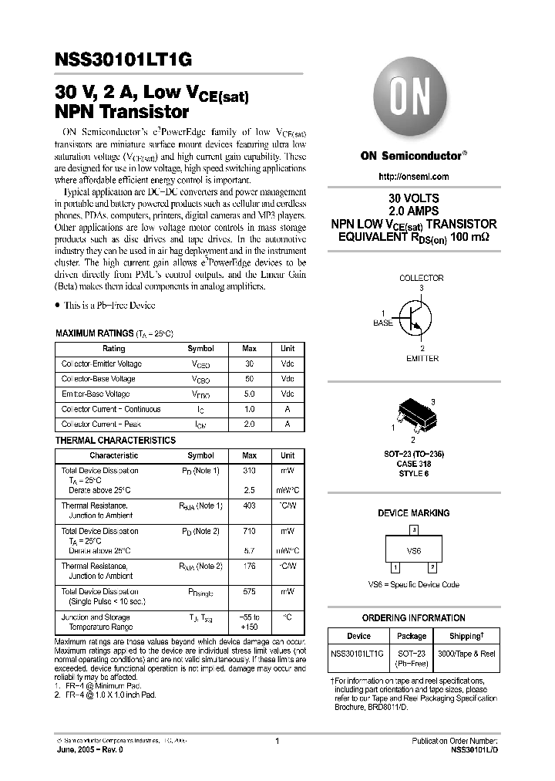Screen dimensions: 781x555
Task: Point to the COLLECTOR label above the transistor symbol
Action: (x=421, y=278)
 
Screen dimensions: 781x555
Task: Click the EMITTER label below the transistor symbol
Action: (x=422, y=358)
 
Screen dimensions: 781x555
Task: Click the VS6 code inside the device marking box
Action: (x=414, y=551)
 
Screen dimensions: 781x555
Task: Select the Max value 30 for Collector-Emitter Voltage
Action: (x=249, y=363)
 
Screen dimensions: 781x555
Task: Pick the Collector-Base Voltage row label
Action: (x=98, y=379)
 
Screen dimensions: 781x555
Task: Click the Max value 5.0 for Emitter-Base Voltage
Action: (x=249, y=394)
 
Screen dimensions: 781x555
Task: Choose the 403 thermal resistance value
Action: (x=249, y=505)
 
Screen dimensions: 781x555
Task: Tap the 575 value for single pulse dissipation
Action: (x=249, y=592)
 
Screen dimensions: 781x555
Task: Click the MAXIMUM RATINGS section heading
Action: (x=94, y=333)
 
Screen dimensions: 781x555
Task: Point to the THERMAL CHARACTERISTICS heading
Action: (x=116, y=440)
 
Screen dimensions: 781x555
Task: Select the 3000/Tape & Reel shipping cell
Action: (x=466, y=654)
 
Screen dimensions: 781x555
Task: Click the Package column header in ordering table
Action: (x=411, y=636)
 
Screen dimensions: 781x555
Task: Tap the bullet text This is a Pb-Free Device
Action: (x=109, y=306)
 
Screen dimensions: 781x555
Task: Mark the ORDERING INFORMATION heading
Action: (x=413, y=618)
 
